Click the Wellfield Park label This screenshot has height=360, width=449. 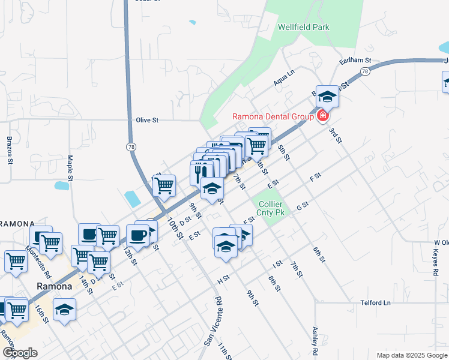tap(304, 27)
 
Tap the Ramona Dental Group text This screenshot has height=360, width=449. tap(273, 116)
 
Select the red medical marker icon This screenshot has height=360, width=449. tap(323, 115)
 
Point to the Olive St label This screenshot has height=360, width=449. tap(146, 120)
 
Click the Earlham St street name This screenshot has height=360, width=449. tap(356, 61)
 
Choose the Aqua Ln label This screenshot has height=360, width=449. tap(284, 78)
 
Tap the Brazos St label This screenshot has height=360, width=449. tap(10, 150)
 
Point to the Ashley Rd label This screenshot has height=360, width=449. tap(314, 340)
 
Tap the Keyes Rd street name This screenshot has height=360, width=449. tap(435, 263)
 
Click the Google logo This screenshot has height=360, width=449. tap(19, 353)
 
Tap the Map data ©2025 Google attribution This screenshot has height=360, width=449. tap(411, 355)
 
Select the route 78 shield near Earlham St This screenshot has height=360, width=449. tap(364, 71)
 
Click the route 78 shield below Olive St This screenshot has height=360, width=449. tap(131, 146)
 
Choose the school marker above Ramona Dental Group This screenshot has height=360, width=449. tap(327, 96)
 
